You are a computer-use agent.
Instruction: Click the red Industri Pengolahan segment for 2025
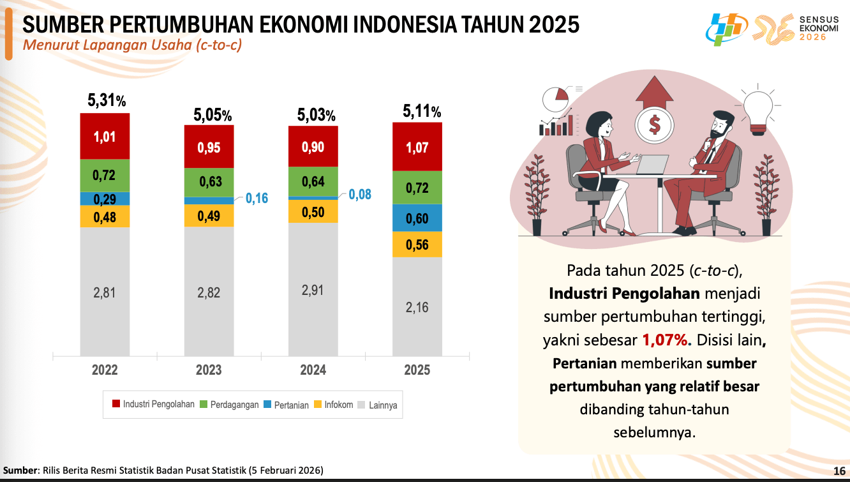[x=417, y=147]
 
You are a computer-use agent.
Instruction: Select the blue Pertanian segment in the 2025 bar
[x=417, y=218]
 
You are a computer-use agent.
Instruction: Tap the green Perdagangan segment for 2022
[x=105, y=176]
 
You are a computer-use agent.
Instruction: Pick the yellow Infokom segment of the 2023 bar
[x=209, y=216]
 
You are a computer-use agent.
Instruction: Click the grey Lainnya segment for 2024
[x=313, y=289]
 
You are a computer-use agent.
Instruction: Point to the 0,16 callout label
[x=257, y=199]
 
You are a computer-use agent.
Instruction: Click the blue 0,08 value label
[x=359, y=195]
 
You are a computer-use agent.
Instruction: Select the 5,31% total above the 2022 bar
[x=106, y=100]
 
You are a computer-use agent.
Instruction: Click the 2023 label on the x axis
[x=209, y=370]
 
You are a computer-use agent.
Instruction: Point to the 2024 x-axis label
[x=313, y=370]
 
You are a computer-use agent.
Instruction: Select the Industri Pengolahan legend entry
[x=153, y=404]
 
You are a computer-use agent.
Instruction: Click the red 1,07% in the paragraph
[x=663, y=339]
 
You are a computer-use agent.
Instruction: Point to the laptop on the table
[x=652, y=165]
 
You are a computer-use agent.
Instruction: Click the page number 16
[x=839, y=471]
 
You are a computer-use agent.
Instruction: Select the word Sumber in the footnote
[x=21, y=471]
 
